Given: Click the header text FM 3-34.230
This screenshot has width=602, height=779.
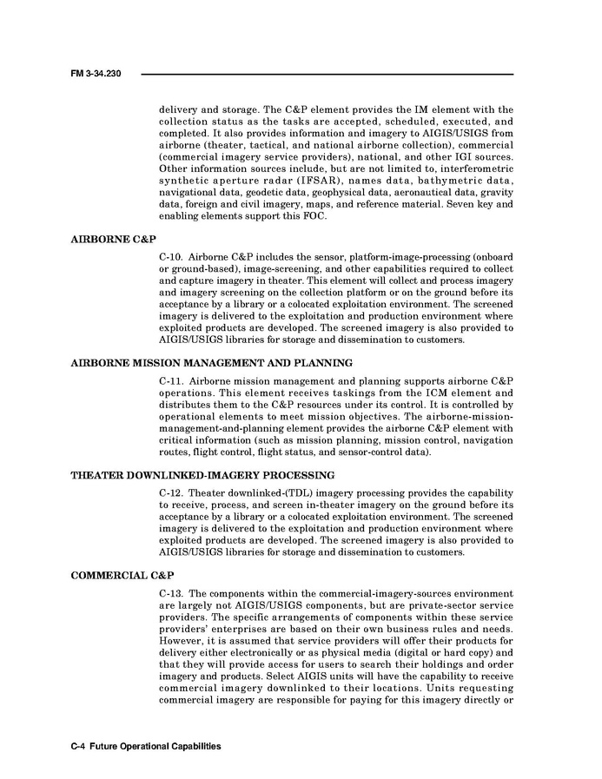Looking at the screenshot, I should click(x=96, y=75).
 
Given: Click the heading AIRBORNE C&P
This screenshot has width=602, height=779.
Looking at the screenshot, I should click(x=113, y=237).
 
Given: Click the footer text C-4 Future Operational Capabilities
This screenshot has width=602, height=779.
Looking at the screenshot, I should click(x=145, y=746).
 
